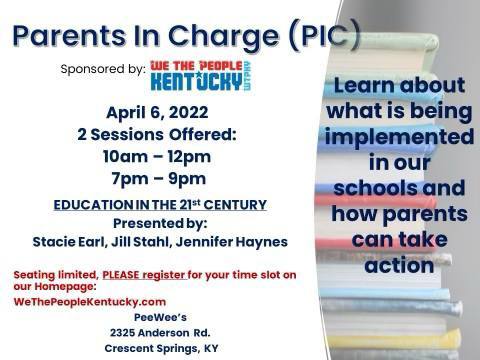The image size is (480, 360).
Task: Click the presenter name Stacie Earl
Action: point(72,241)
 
